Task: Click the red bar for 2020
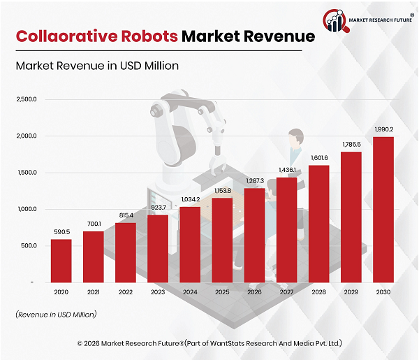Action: point(61,260)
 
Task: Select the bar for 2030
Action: point(383,209)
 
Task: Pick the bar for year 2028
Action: point(319,223)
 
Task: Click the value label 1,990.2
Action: point(383,129)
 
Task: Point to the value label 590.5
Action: point(61,232)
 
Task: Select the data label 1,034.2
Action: point(190,199)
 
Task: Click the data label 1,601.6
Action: point(319,158)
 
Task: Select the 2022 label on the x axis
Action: point(125,293)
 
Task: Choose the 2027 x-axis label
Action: point(286,293)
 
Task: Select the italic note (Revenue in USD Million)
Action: point(56,315)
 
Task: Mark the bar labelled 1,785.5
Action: point(351,217)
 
